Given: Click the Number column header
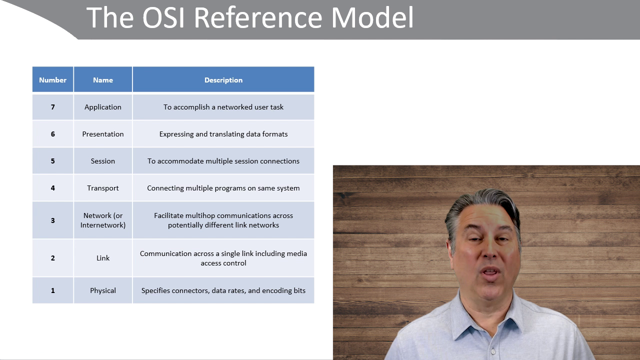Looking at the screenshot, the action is [53, 79].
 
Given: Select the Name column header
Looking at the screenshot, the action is [103, 79].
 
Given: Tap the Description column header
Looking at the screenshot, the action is [223, 79].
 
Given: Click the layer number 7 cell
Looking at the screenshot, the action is [53, 107].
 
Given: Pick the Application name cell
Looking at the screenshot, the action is [103, 107].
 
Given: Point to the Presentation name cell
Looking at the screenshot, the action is [103, 134].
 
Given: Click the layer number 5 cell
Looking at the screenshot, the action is [53, 161].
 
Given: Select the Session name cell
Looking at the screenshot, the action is [103, 161].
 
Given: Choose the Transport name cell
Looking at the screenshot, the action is [103, 188].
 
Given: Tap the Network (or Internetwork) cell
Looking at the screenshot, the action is [103, 220].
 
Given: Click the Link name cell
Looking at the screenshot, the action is [103, 258].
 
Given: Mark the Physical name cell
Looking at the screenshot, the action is [103, 290].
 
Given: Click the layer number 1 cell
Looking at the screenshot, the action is [53, 290].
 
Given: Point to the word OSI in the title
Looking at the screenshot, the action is [163, 17].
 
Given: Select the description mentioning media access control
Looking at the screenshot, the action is [223, 258].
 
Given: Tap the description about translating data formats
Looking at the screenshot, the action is [223, 134].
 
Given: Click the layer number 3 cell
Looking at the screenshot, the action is [53, 220].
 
